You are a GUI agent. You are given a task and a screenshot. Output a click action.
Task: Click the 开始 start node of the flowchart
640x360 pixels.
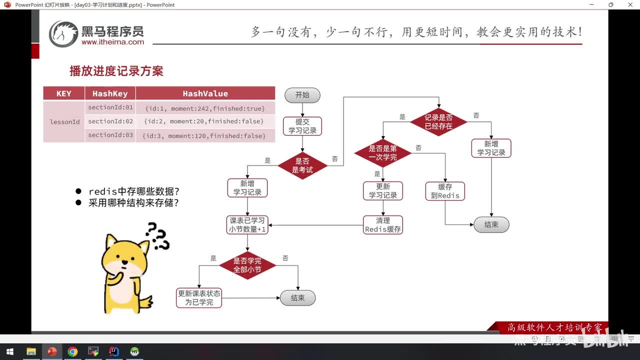pyautogui.click(x=302, y=95)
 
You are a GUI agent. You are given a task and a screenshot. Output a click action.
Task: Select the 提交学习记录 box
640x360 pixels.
pyautogui.click(x=302, y=126)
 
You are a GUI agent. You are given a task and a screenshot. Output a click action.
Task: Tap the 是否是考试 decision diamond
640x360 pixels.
pyautogui.click(x=302, y=165)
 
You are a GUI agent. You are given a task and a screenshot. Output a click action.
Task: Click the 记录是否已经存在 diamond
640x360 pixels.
pyautogui.click(x=438, y=122)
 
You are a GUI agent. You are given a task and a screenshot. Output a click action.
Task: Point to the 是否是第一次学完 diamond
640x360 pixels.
pyautogui.click(x=382, y=153)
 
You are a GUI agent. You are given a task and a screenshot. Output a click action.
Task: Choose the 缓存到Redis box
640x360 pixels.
pyautogui.click(x=445, y=191)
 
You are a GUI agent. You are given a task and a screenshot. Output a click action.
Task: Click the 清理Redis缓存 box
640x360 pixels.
pyautogui.click(x=383, y=224)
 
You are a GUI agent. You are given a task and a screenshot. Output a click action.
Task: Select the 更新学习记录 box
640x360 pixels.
pyautogui.click(x=383, y=191)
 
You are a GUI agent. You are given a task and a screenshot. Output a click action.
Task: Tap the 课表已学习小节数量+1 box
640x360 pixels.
pyautogui.click(x=247, y=224)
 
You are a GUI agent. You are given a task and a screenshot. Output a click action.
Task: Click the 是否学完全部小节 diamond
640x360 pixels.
pyautogui.click(x=247, y=265)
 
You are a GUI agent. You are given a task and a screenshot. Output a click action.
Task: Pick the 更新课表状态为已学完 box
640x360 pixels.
pyautogui.click(x=199, y=298)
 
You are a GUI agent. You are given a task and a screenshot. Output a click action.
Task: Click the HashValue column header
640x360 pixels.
pyautogui.click(x=205, y=93)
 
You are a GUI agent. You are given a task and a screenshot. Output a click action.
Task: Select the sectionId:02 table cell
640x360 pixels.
pyautogui.click(x=110, y=121)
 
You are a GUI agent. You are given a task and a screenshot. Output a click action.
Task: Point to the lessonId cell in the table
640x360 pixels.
pyautogui.click(x=64, y=122)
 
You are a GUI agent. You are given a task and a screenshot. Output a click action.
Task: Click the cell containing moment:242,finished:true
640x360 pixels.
pyautogui.click(x=205, y=108)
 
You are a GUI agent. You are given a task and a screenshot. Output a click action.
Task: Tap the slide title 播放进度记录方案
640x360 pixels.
pyautogui.click(x=116, y=71)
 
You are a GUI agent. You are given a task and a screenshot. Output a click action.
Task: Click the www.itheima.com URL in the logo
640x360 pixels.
pyautogui.click(x=112, y=42)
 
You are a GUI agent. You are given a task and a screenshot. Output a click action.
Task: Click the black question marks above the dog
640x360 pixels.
pyautogui.click(x=157, y=236)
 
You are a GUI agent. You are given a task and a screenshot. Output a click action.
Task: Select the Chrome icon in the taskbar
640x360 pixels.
pyautogui.click(x=72, y=351)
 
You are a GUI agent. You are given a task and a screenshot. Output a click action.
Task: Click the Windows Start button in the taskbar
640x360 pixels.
pyautogui.click(x=9, y=351)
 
